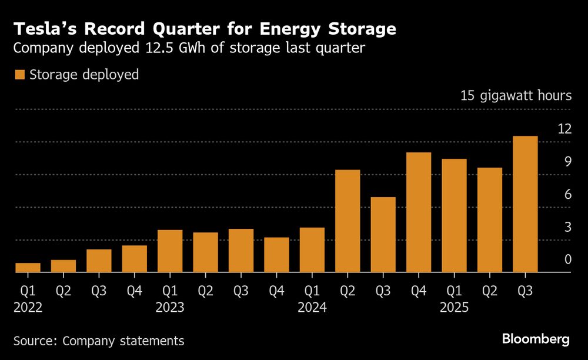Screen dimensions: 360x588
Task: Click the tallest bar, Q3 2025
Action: coord(525,204)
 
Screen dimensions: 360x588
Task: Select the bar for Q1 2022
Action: coord(28,268)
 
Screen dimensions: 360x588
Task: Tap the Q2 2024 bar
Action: coord(348,221)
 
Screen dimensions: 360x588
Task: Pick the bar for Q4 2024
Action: coord(419,212)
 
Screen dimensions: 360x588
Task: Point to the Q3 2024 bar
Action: coord(383,235)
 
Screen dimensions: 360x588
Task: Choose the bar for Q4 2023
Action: coord(276,255)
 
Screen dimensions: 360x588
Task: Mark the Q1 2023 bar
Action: coord(170,251)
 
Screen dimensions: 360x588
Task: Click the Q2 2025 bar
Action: coord(490,220)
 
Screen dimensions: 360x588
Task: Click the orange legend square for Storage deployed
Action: coord(19,75)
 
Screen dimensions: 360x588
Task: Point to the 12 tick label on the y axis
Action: coord(564,128)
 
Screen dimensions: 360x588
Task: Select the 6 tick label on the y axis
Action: coord(568,194)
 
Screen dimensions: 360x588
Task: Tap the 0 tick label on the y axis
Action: coord(568,259)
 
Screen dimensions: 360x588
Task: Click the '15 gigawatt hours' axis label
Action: coord(516,95)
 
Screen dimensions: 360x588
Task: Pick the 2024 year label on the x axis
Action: coord(312,306)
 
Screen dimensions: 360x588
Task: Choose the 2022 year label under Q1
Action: coord(28,306)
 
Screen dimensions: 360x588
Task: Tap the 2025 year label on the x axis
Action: coord(454,306)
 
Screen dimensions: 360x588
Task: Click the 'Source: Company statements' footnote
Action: coord(99,341)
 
